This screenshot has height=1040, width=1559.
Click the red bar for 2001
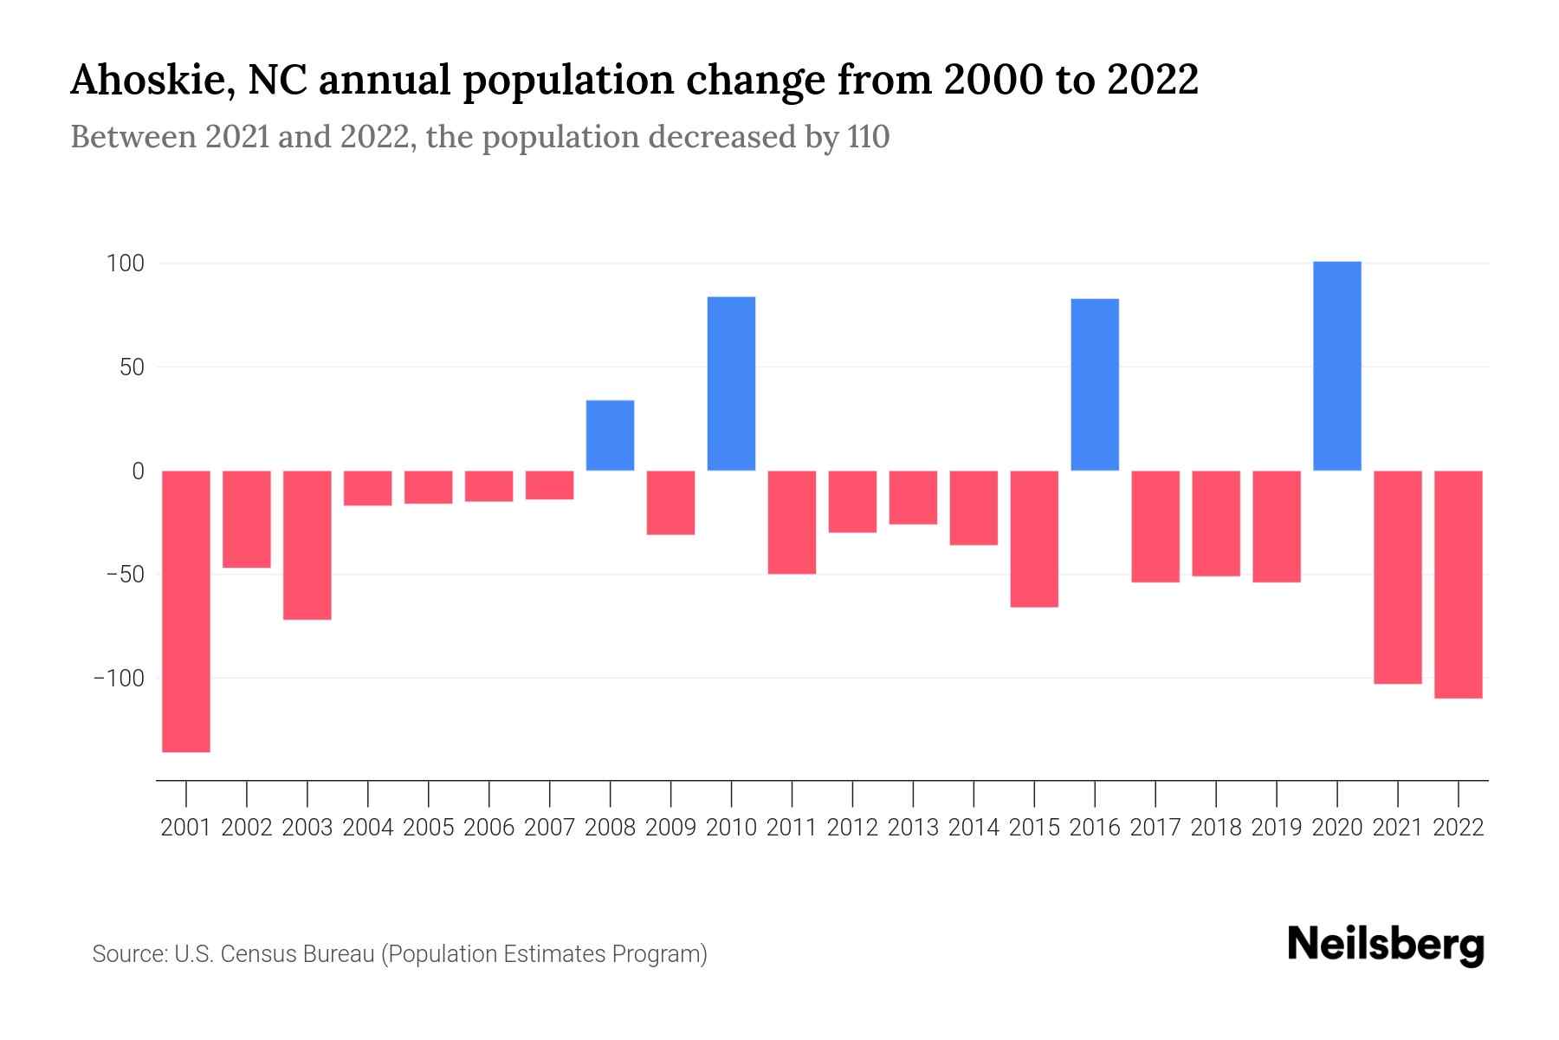(x=186, y=611)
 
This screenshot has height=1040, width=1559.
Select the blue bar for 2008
(x=610, y=435)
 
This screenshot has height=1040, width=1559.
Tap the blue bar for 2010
(x=731, y=384)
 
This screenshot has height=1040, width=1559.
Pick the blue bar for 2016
(x=1095, y=385)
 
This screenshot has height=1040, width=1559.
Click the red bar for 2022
(x=1459, y=584)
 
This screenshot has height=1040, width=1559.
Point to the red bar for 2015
(x=1034, y=538)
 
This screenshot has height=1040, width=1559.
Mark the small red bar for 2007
(x=549, y=484)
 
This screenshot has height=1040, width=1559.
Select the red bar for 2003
(x=307, y=544)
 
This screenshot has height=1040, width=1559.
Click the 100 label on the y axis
(x=125, y=263)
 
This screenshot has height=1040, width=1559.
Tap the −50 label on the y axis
(x=119, y=575)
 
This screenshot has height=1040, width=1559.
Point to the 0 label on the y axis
(x=138, y=471)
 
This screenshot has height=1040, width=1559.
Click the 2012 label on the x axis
(x=852, y=828)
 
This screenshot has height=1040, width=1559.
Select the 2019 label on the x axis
(x=1277, y=828)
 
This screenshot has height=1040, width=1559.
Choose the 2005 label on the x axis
(x=429, y=828)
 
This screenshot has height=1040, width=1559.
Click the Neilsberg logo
(x=1386, y=946)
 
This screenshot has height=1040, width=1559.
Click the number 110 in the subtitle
(x=868, y=137)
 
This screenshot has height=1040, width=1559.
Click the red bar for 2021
(x=1398, y=577)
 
